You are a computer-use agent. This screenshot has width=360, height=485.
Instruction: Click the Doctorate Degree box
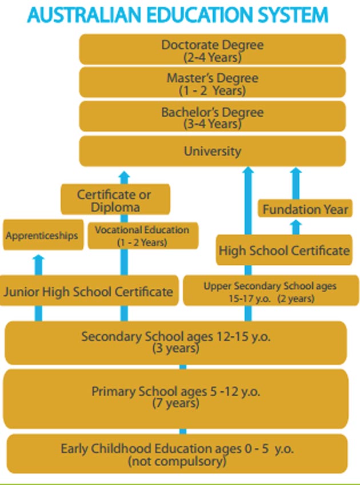[212, 49]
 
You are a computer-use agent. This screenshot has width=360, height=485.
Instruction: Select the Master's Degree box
[212, 83]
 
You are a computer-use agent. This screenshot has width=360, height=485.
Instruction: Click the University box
[212, 151]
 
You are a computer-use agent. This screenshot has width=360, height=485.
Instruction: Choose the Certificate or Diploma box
[115, 200]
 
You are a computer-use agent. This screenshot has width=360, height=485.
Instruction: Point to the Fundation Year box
[305, 209]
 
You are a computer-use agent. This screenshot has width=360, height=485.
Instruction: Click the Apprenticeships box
[42, 236]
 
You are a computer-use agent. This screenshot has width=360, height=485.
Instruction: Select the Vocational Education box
[142, 236]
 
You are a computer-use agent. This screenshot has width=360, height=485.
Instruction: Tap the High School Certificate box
[284, 250]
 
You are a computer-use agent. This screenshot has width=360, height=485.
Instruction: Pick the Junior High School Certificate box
[88, 291]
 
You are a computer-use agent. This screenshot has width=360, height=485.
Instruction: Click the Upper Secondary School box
[270, 291]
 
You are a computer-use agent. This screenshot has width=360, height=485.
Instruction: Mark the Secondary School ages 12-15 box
[175, 342]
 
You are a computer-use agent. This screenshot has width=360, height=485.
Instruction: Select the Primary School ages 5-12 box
[175, 397]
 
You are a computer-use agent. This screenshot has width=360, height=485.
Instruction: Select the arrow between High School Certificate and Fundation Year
[295, 227]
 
